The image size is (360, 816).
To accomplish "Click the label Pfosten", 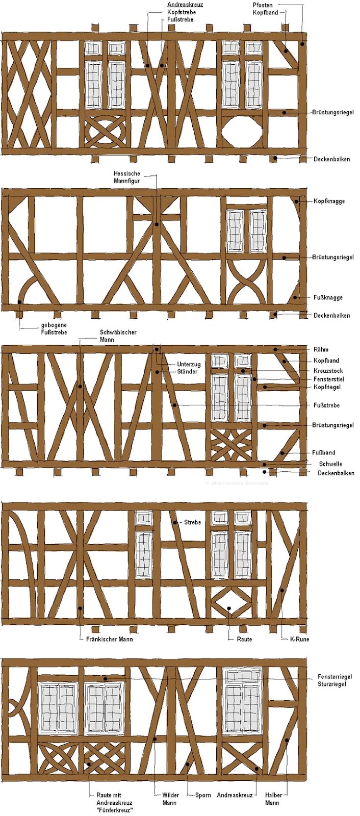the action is point(263,5).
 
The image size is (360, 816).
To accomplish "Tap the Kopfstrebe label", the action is point(181,12).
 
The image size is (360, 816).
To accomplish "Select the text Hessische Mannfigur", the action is point(126,177).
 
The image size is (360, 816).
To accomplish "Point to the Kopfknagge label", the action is point(329,201).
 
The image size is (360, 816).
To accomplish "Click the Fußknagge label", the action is point(328,298).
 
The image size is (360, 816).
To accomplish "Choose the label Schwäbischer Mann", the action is point(113,336).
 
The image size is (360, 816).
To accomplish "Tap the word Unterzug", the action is point(189,364).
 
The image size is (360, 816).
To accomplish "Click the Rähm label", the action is point(321,349).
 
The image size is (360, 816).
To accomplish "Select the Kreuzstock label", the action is point(328,371).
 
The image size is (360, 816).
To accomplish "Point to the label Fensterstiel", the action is point(329,379).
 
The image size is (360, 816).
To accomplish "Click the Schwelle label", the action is point(330,464).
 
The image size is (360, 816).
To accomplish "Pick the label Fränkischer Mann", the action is point(109,639).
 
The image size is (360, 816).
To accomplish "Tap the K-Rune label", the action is point(299,639).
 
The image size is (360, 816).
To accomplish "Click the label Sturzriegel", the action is point(331,684).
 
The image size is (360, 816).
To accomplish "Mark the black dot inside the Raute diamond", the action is point(228,607).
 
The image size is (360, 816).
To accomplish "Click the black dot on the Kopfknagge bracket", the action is point(297,201).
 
